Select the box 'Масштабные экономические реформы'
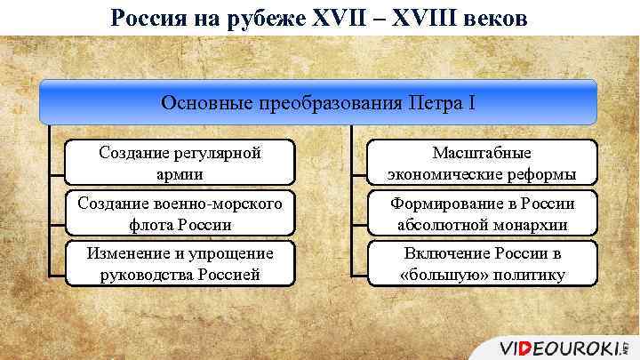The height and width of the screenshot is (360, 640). pos(483,163)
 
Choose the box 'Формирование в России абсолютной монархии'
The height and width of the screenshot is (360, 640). pos(483,213)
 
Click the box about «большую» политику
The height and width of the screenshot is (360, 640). pos(483,264)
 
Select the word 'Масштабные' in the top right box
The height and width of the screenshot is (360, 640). pos(483,153)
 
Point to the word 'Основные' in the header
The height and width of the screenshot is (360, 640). pos(201,102)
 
